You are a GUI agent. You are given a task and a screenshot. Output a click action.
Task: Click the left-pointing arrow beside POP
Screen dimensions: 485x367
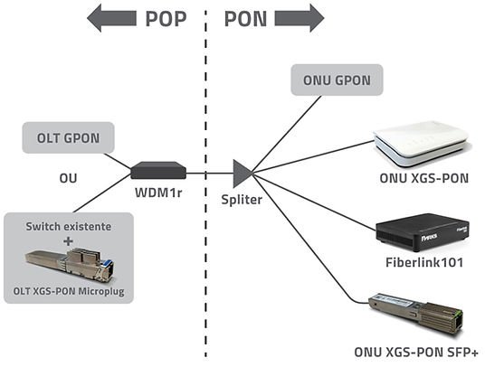click(x=111, y=18)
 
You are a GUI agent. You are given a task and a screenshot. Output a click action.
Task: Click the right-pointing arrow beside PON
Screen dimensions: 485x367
click(x=300, y=18)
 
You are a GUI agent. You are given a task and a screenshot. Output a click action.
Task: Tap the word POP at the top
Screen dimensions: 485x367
click(x=166, y=19)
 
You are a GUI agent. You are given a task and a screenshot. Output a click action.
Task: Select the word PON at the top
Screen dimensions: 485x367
click(x=245, y=19)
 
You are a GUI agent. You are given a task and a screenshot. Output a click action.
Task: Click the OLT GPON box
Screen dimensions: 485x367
click(x=69, y=137)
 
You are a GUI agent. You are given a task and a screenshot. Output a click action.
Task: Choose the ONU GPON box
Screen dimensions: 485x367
click(x=337, y=80)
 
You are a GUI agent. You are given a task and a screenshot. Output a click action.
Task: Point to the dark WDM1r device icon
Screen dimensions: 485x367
click(x=158, y=170)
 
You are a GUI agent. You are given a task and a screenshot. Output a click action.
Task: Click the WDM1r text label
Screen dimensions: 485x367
click(x=158, y=193)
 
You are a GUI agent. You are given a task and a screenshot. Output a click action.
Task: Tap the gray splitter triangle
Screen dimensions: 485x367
click(x=243, y=174)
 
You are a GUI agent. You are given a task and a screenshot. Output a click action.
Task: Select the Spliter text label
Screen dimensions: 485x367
click(x=242, y=200)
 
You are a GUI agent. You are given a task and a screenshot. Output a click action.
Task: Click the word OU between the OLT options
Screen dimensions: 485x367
click(x=68, y=178)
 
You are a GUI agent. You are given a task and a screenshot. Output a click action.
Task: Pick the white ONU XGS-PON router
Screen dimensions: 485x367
click(x=421, y=144)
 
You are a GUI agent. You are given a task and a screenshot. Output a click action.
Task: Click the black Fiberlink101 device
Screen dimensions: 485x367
click(x=423, y=232)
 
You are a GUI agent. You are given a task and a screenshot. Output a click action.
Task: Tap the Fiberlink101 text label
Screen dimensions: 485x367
click(x=424, y=262)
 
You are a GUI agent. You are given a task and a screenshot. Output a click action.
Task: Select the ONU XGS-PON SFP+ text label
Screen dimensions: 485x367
click(x=416, y=353)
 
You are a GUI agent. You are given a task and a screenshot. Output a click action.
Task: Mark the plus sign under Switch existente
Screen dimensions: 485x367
click(x=69, y=241)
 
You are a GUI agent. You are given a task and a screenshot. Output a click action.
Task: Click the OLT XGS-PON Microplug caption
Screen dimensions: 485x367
click(x=69, y=291)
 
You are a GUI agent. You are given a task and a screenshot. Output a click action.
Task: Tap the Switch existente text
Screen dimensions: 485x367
click(x=69, y=227)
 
